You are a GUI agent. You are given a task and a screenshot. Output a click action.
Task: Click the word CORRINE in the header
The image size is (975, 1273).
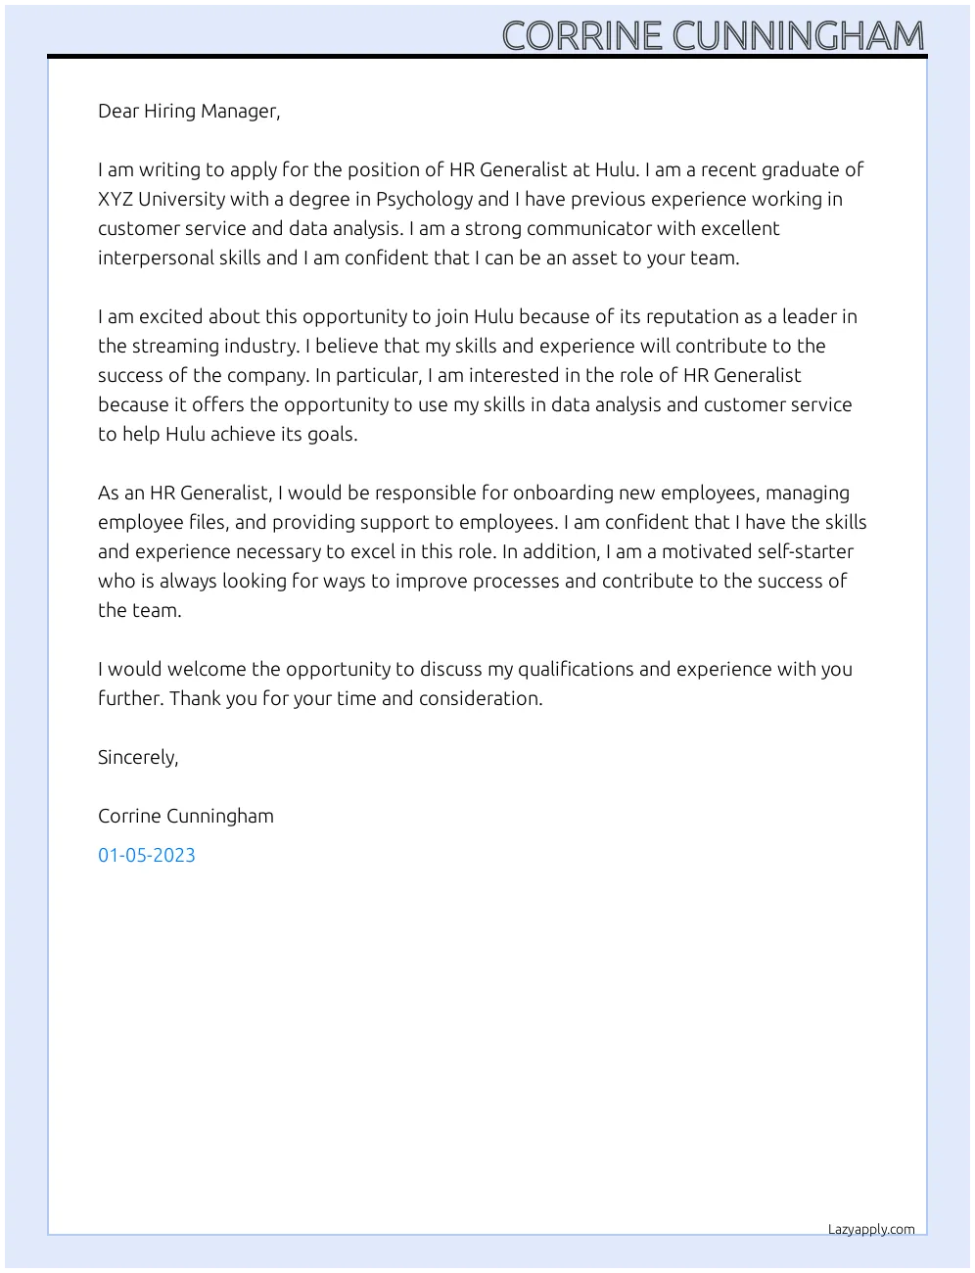tap(582, 36)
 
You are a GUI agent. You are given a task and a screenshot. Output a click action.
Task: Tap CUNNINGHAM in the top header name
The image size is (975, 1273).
tap(798, 36)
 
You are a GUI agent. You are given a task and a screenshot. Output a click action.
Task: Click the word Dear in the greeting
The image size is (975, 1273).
tap(118, 111)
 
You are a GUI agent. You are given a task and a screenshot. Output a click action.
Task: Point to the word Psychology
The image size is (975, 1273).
tap(424, 200)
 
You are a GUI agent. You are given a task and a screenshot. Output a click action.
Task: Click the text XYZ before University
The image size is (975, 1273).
tap(116, 199)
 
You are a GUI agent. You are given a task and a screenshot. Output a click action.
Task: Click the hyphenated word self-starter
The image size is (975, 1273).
tap(805, 551)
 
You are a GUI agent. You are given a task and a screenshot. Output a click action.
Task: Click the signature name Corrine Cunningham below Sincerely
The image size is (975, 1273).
tap(186, 816)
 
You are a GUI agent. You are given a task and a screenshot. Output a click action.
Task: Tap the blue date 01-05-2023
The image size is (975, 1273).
tap(147, 855)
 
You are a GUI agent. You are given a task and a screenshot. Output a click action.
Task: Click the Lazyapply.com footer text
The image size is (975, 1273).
tap(871, 1230)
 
